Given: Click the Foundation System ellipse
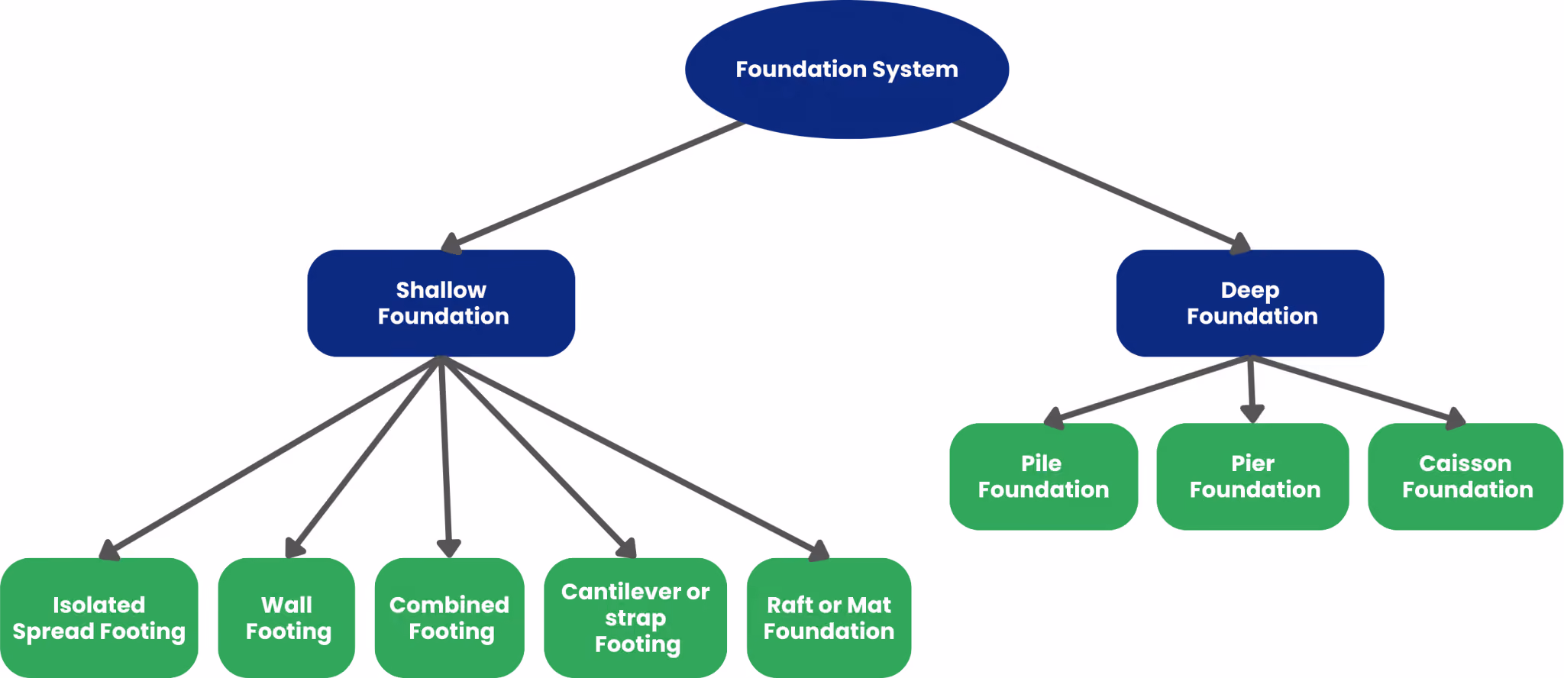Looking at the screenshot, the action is pos(847,69).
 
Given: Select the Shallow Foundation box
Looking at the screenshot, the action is pos(441,303).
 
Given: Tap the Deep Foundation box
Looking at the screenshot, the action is pos(1250,303).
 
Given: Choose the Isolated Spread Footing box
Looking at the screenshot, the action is pos(99,618).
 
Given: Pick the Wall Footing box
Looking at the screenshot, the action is pos(286,618).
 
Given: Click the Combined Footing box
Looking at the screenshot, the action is pos(450,618).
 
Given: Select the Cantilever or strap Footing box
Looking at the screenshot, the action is pos(635,618).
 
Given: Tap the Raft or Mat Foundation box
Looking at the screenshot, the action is pos(829,618).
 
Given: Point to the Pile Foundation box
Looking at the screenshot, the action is pos(1044,476).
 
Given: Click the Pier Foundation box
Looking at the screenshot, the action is pos(1253,476).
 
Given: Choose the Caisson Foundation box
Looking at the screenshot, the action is pos(1465,476).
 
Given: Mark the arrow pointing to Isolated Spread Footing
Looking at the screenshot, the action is pos(270,458).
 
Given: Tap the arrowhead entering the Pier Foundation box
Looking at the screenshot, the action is pos(1252,413).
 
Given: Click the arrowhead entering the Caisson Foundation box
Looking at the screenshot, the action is pos(1455,418).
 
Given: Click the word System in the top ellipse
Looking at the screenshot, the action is pos(915,70).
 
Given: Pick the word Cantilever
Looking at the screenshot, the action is pos(622,592).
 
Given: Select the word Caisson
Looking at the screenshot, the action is pos(1465,463).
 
